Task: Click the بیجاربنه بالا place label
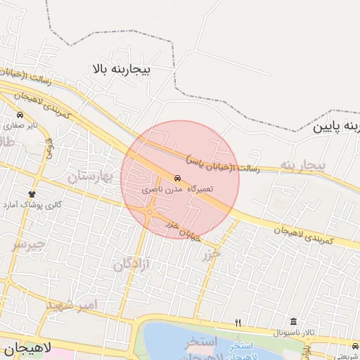[x=121, y=70]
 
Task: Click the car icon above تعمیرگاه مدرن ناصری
[x=176, y=179]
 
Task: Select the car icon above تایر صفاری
[x=20, y=115]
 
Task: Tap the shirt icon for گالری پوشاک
[x=31, y=193]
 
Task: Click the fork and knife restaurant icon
[x=238, y=323]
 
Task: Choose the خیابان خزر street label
[x=183, y=230]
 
